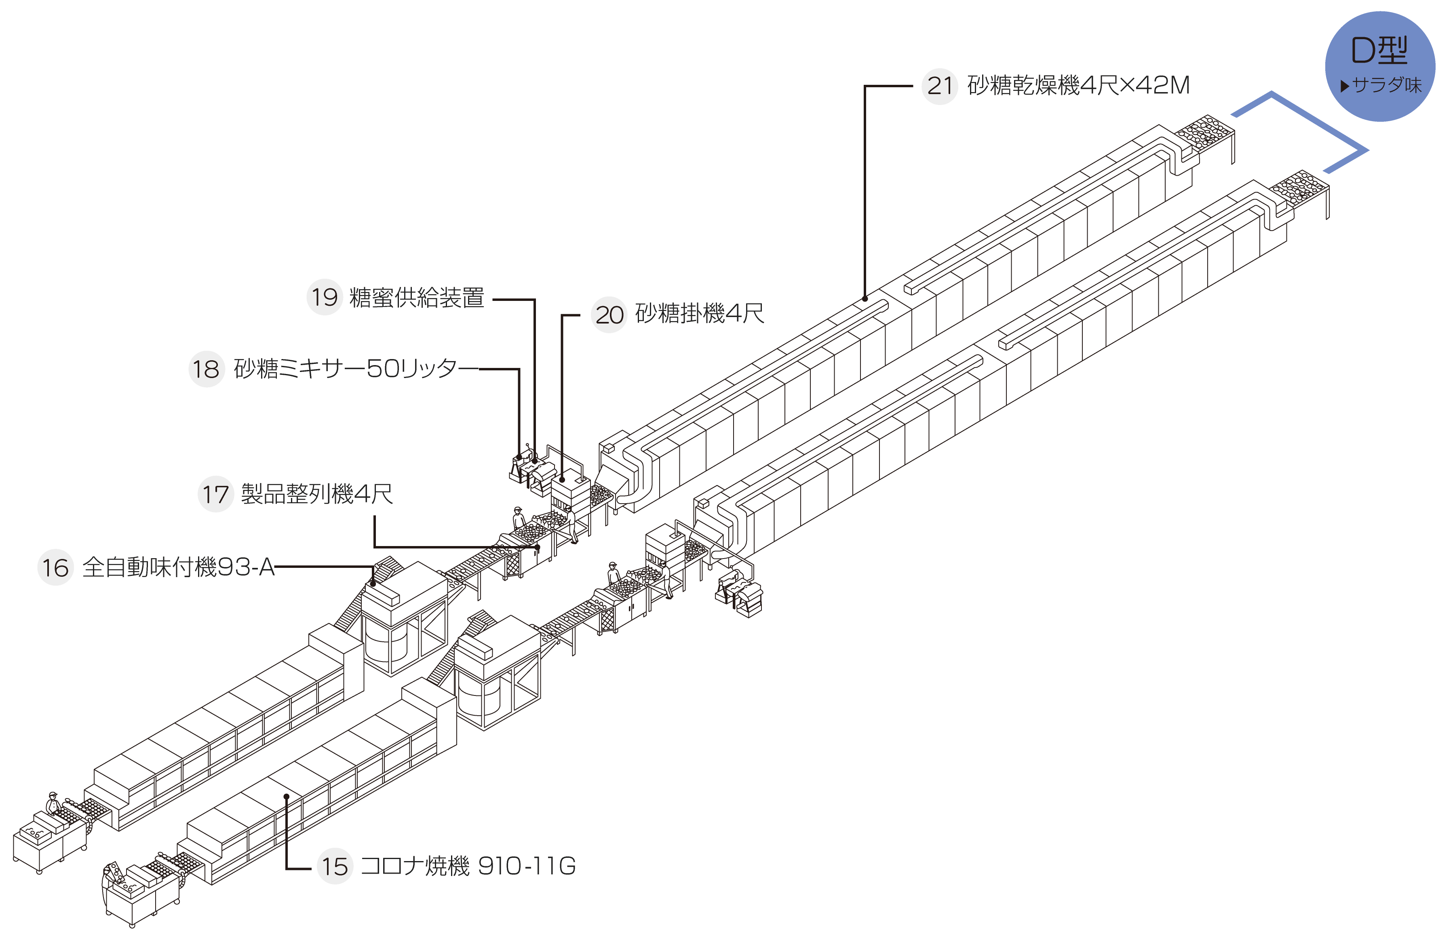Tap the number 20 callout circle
click(x=609, y=315)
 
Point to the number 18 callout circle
click(x=207, y=369)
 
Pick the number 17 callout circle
click(x=215, y=494)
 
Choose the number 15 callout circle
click(x=335, y=866)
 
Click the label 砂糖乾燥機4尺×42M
click(x=1078, y=85)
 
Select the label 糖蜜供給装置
click(x=417, y=298)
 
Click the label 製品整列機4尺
click(x=316, y=494)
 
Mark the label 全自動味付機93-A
click(x=178, y=567)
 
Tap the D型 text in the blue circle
click(x=1379, y=50)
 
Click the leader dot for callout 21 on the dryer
click(x=865, y=299)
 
